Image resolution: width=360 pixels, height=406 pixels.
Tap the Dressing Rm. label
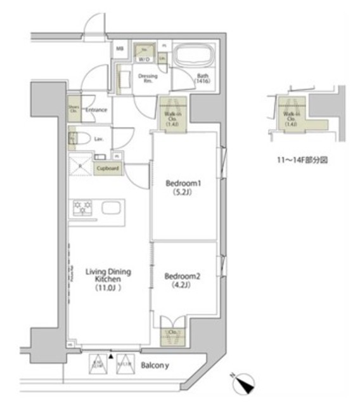pos(147,79)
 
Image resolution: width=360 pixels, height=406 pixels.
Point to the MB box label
pos(119,48)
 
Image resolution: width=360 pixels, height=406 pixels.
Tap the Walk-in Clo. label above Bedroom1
pos(171,118)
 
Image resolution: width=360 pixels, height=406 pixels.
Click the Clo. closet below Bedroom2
pos(173,331)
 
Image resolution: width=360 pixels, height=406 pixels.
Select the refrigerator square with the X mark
pos(80,166)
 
